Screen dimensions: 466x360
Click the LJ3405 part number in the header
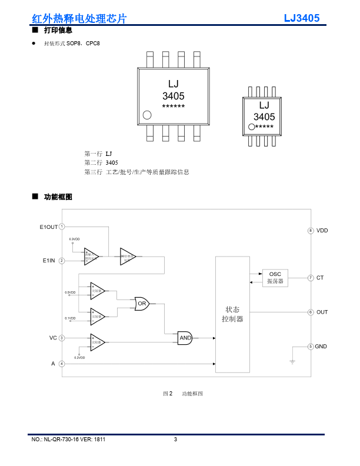(x=302, y=18)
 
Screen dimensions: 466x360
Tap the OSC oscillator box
(x=275, y=278)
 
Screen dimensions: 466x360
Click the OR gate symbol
(x=142, y=304)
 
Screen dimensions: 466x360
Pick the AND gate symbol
(x=185, y=338)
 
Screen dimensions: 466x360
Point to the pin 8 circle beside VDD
(x=311, y=231)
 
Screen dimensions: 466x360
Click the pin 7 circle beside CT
(x=311, y=278)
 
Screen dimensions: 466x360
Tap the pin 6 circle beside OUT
(x=311, y=312)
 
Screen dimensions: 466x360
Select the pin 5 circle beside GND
(x=311, y=347)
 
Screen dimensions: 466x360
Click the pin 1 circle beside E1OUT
(x=62, y=227)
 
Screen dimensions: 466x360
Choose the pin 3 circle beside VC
(x=62, y=338)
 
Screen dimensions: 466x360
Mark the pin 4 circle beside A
(x=62, y=364)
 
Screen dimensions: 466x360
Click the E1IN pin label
(x=50, y=260)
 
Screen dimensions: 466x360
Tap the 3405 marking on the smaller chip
(x=264, y=117)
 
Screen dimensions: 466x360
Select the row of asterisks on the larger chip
(x=174, y=106)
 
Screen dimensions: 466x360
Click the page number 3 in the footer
(x=175, y=440)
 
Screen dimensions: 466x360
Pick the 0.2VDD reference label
(x=79, y=358)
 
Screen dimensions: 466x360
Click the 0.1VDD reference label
(x=70, y=318)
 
